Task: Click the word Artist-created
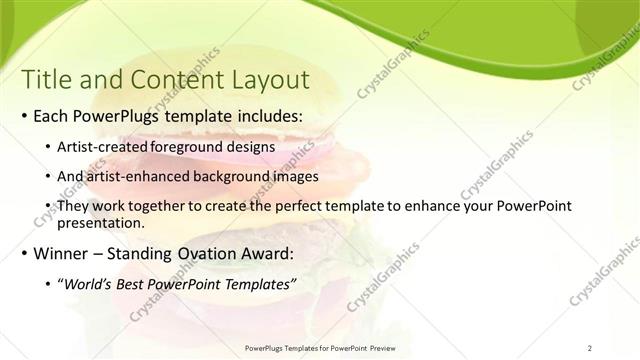coord(103,148)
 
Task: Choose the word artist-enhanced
coord(139,176)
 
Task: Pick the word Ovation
coord(202,254)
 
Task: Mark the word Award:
coord(266,254)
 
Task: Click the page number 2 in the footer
coord(590,347)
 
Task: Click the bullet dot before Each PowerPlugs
coord(23,117)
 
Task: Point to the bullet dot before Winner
coord(23,255)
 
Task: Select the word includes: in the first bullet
coord(264,116)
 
